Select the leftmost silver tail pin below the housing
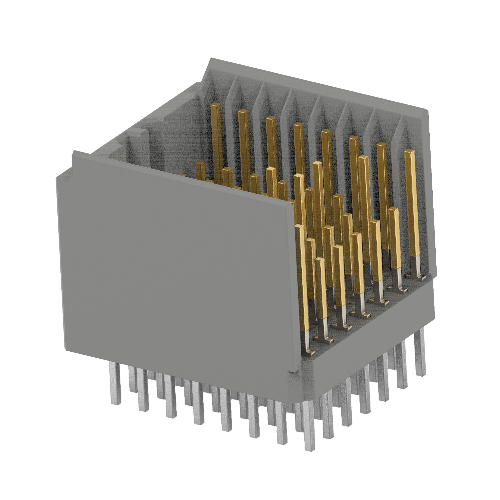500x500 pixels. [116, 383]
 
